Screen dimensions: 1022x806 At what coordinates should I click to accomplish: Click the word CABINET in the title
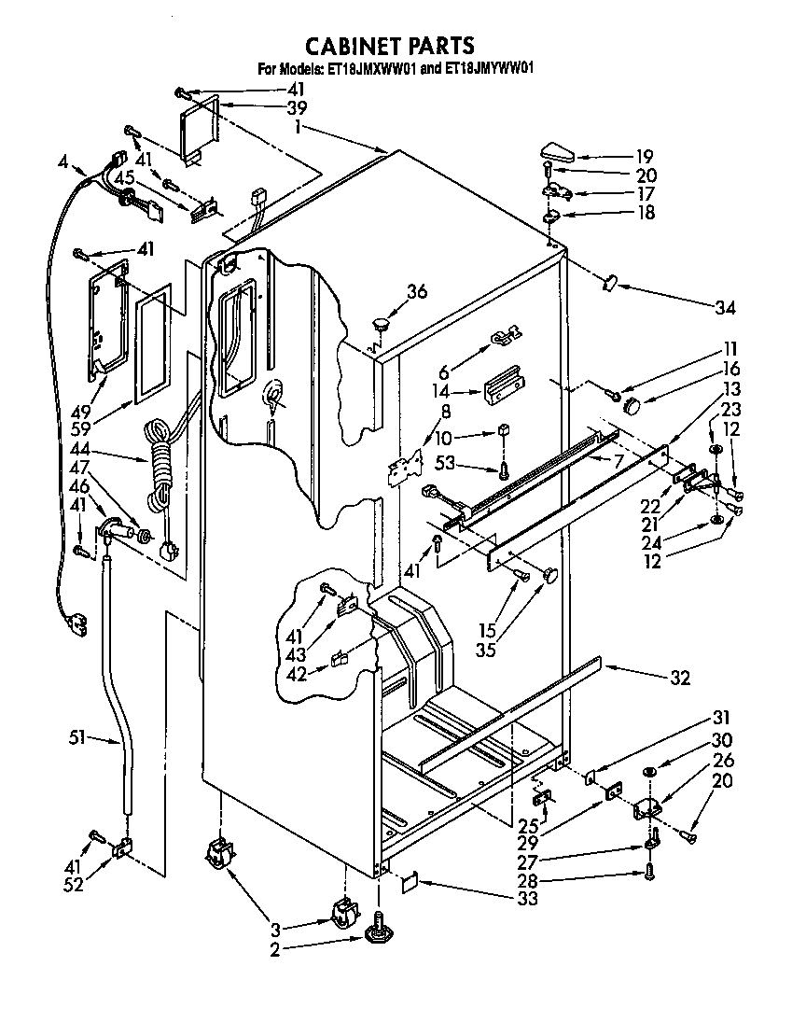click(352, 46)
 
